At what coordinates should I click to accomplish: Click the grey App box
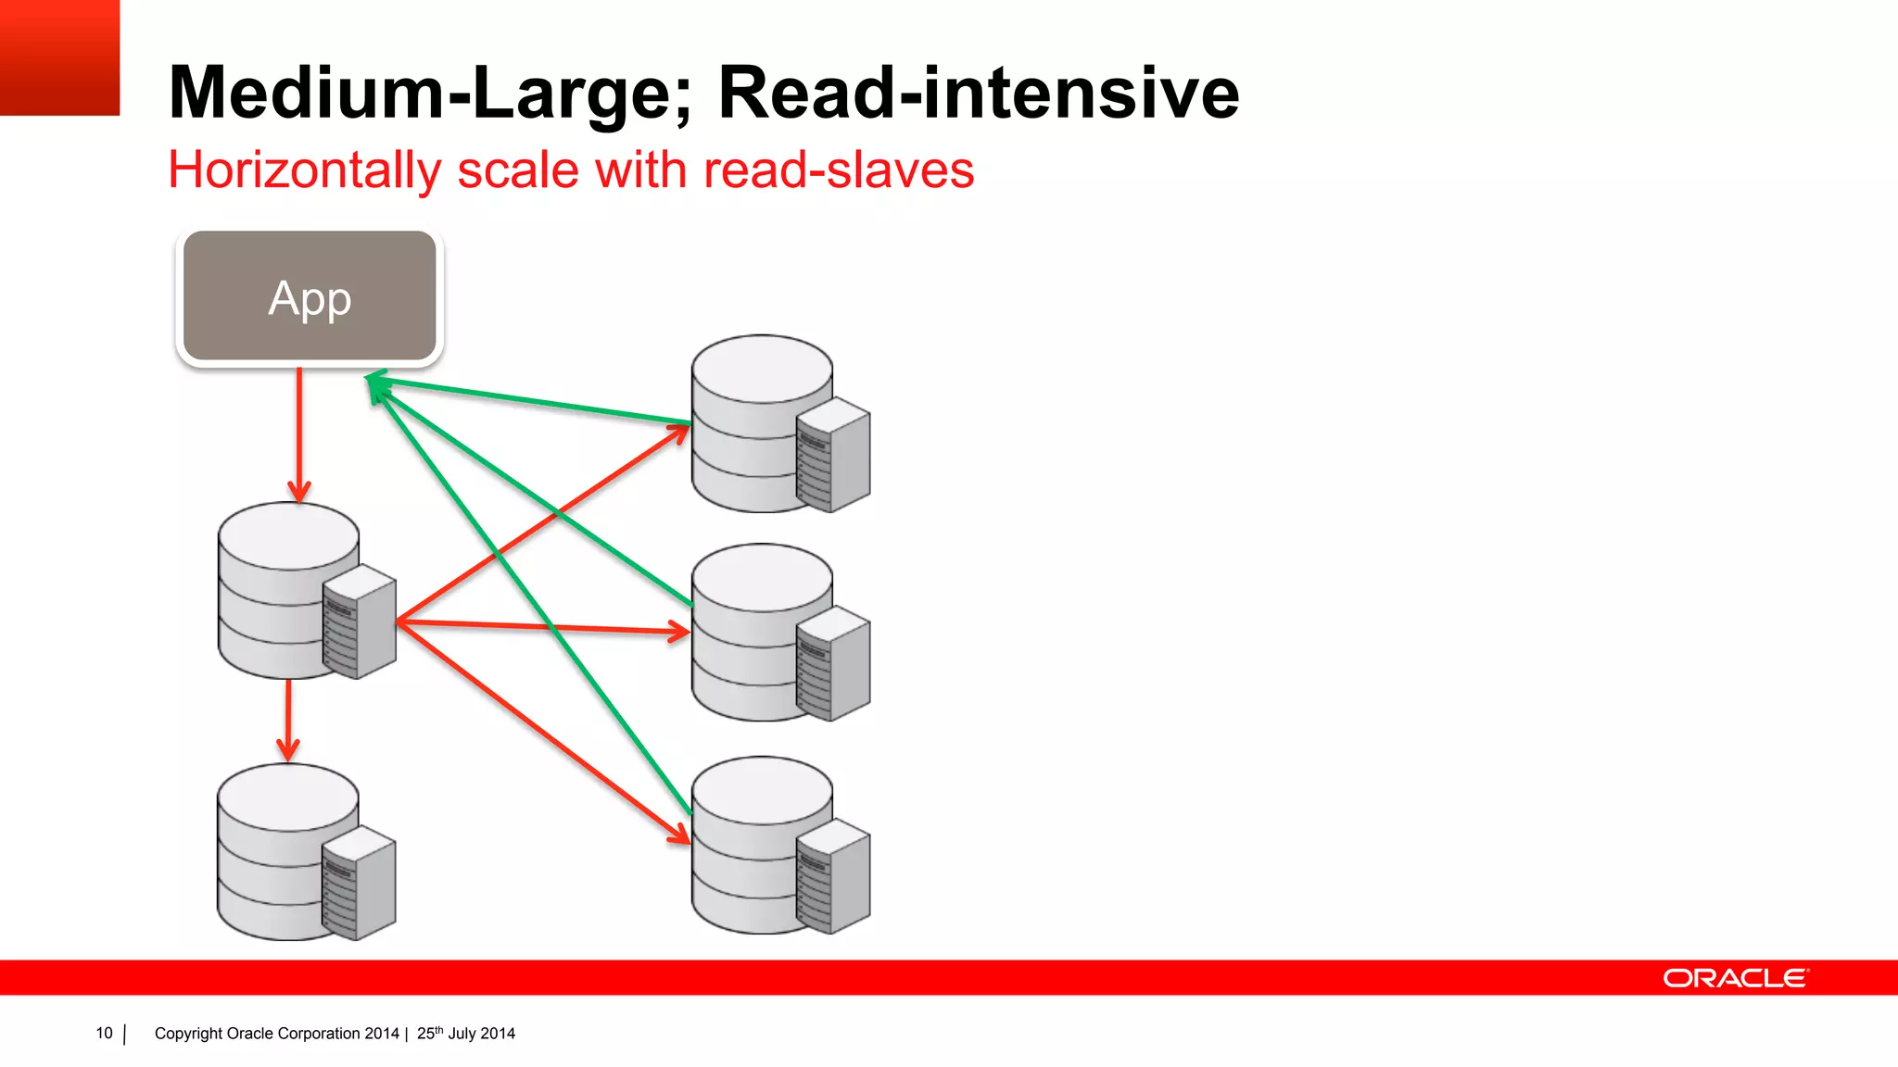(x=310, y=295)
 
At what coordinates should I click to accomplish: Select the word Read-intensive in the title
(x=978, y=94)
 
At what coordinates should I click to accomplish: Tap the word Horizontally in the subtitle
(x=305, y=171)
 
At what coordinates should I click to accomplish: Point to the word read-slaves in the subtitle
(x=839, y=171)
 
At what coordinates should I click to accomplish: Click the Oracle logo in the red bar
(x=1734, y=978)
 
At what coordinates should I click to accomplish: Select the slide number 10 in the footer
(x=104, y=1034)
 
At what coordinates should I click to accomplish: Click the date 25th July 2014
(x=465, y=1034)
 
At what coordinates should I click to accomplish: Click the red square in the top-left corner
(x=59, y=57)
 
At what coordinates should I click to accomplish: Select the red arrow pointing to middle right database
(x=547, y=627)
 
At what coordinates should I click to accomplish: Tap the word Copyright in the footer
(x=188, y=1034)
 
